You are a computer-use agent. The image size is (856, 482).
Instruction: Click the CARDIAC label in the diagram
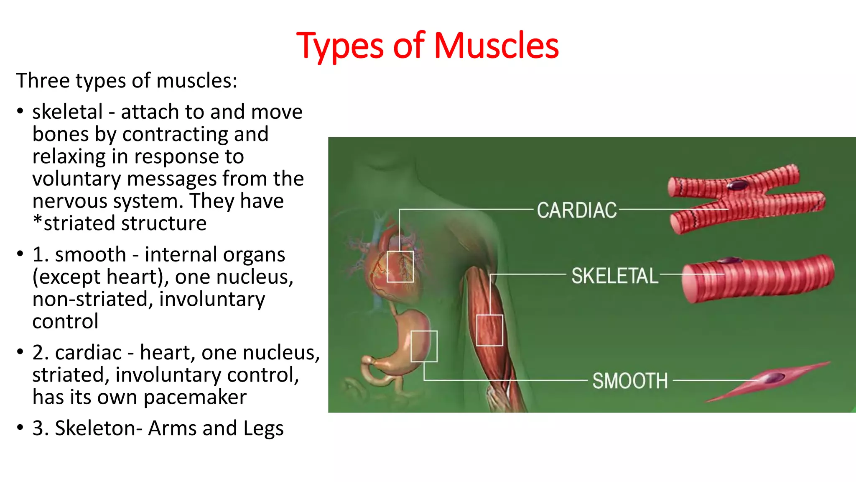[x=577, y=210]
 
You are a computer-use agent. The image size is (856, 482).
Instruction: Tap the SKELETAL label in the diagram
[x=614, y=276]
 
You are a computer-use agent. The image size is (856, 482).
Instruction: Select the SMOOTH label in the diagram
[x=630, y=381]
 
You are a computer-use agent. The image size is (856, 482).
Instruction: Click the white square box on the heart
[x=400, y=267]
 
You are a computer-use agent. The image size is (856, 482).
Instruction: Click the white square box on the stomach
[x=424, y=346]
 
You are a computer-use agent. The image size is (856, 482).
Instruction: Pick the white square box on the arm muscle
[x=489, y=330]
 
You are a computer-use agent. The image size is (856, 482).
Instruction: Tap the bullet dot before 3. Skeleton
[x=20, y=428]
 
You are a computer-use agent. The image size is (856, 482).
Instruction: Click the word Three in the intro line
[x=43, y=80]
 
